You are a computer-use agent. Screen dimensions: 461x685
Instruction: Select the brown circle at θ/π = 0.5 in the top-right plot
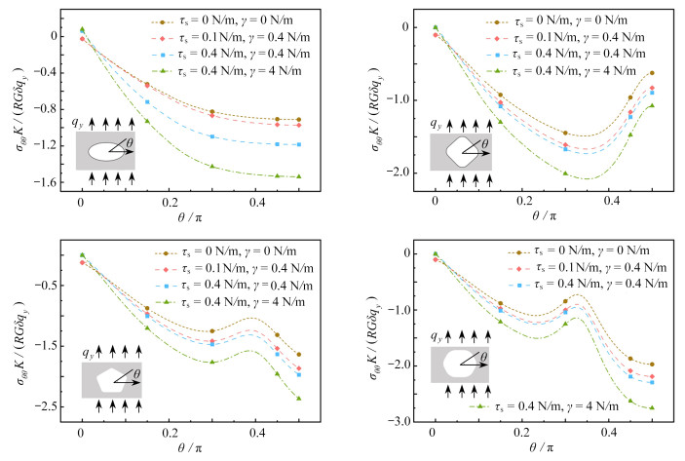(x=652, y=73)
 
